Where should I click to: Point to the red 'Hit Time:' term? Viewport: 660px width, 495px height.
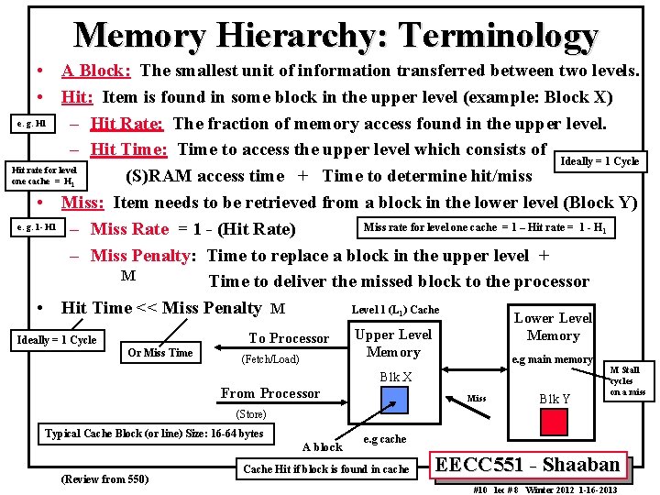click(x=129, y=149)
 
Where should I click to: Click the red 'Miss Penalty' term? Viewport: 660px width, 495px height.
click(x=141, y=256)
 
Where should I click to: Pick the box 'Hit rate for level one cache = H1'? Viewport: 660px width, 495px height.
click(x=44, y=175)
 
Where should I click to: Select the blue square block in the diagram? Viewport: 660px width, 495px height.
click(x=394, y=399)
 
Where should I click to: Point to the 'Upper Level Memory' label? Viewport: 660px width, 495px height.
click(x=393, y=343)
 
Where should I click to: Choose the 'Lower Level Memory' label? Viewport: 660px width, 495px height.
click(x=553, y=326)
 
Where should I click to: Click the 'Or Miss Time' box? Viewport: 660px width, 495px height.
click(x=160, y=353)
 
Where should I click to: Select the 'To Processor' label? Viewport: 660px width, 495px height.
click(x=288, y=338)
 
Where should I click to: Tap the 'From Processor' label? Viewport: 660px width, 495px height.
click(x=270, y=393)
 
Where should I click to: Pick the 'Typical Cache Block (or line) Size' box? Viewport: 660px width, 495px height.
click(x=154, y=434)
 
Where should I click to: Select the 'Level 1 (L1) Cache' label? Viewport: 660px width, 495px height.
click(x=395, y=310)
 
